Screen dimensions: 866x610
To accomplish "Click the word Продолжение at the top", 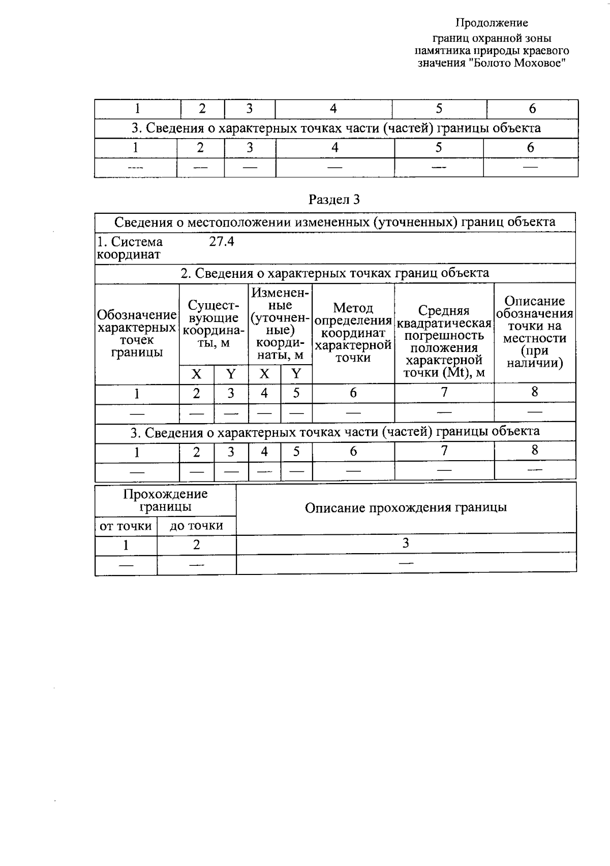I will pyautogui.click(x=491, y=23).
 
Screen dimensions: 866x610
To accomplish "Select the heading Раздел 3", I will pyautogui.click(x=334, y=200).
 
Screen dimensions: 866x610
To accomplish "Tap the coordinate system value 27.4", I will pyautogui.click(x=222, y=242).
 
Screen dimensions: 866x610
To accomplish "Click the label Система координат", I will pyautogui.click(x=130, y=248).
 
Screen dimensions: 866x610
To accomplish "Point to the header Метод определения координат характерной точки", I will pyautogui.click(x=353, y=333).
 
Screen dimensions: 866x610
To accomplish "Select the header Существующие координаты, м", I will pyautogui.click(x=213, y=324).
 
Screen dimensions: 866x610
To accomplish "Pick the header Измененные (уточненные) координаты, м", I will pyautogui.click(x=280, y=324).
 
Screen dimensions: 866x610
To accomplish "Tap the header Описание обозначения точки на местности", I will pyautogui.click(x=535, y=332).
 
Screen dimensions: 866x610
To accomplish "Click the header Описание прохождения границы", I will pyautogui.click(x=406, y=508).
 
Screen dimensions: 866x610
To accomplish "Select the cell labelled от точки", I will pyautogui.click(x=126, y=526).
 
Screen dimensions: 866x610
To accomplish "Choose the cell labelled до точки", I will pyautogui.click(x=196, y=526).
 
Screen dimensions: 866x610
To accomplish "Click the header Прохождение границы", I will pyautogui.click(x=165, y=500).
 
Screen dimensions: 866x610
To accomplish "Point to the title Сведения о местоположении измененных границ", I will pyautogui.click(x=334, y=222).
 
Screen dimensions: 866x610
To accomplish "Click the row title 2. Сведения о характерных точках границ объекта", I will pyautogui.click(x=334, y=273).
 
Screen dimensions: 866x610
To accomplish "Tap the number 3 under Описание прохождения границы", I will pyautogui.click(x=406, y=543).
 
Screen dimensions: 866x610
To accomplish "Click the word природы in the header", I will pyautogui.click(x=496, y=51).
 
